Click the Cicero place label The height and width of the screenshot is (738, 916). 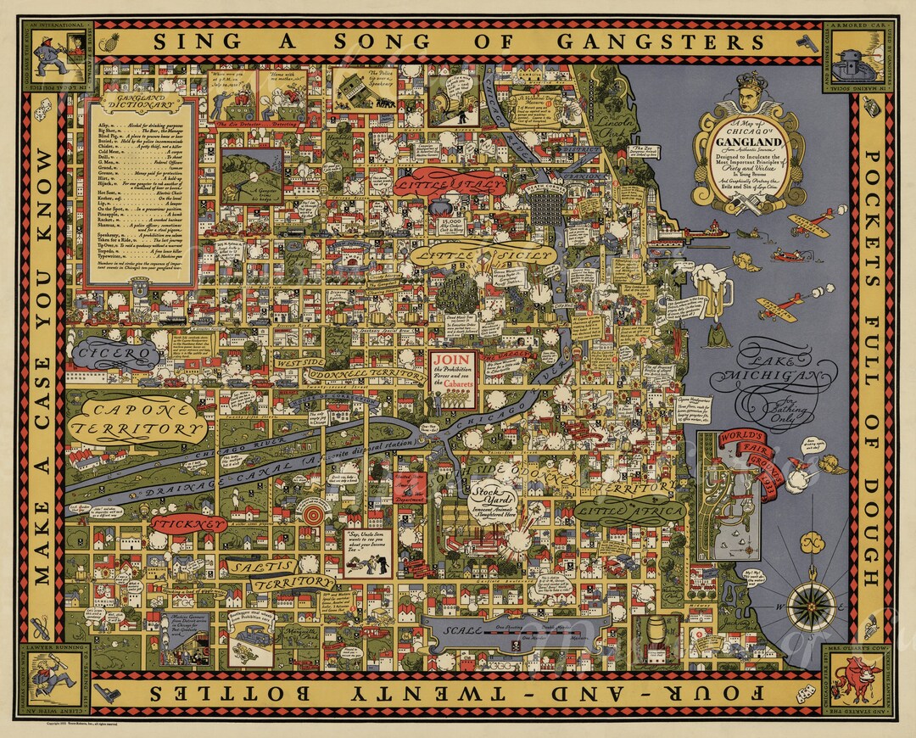click(115, 351)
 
